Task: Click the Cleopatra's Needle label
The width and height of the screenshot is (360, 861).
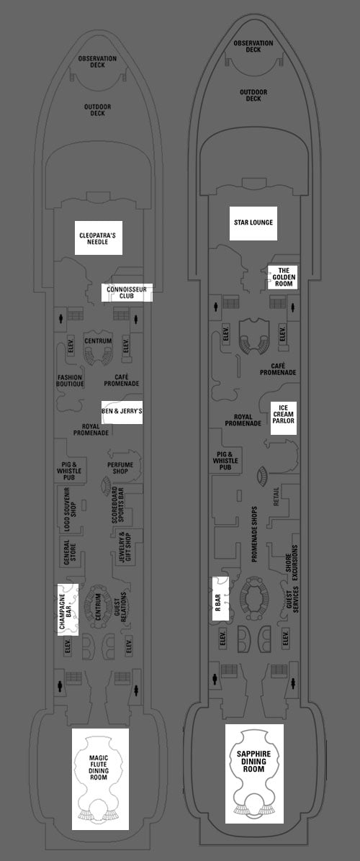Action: click(98, 238)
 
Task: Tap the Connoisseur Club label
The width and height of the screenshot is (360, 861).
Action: click(127, 293)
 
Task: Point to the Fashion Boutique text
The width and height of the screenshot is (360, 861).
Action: click(71, 381)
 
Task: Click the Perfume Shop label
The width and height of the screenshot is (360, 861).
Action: click(120, 468)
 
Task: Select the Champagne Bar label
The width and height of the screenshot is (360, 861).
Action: click(68, 610)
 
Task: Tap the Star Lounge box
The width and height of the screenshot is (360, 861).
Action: click(253, 223)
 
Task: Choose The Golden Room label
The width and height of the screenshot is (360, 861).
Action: click(283, 277)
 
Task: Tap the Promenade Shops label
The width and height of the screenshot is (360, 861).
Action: click(254, 533)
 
